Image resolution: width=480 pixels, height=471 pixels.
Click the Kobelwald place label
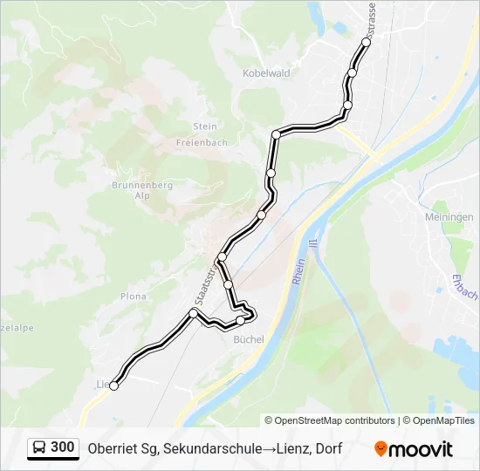point(265,74)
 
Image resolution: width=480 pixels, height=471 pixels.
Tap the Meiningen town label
point(451,216)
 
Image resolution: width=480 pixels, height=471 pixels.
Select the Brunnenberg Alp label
point(142,191)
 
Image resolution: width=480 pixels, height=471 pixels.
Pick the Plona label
point(134,297)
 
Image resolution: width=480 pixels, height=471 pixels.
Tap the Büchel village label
point(249,340)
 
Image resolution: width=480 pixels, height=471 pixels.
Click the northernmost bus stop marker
point(366,41)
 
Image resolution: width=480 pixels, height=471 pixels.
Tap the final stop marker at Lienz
point(113,386)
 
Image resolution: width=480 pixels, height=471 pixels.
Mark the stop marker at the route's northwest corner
point(276,134)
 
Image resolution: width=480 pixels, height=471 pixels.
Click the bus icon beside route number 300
point(39,447)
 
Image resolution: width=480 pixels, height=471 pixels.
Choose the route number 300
point(63,447)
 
